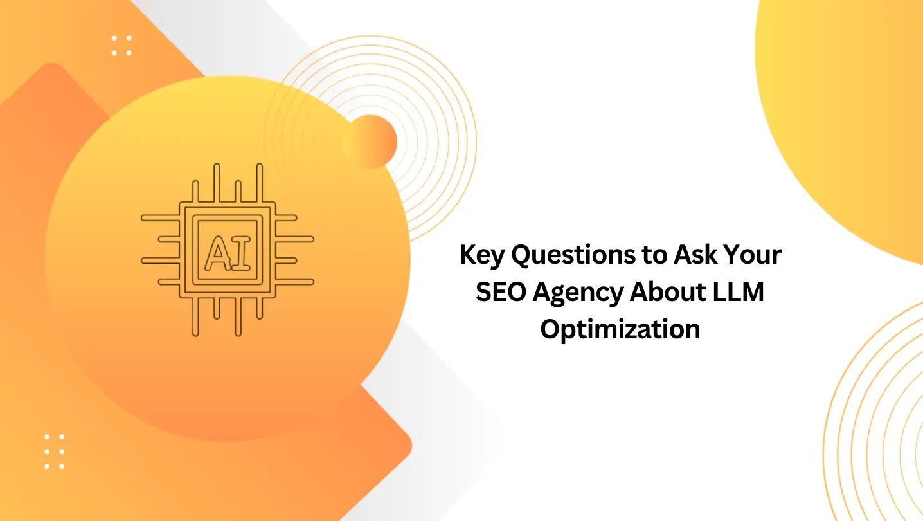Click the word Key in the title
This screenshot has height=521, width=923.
482,256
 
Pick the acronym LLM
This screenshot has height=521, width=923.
740,293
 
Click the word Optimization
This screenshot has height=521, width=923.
620,330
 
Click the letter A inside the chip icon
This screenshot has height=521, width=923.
217,256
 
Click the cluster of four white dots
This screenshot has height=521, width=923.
121,46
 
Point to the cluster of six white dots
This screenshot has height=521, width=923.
55,451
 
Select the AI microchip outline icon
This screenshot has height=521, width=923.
228,250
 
